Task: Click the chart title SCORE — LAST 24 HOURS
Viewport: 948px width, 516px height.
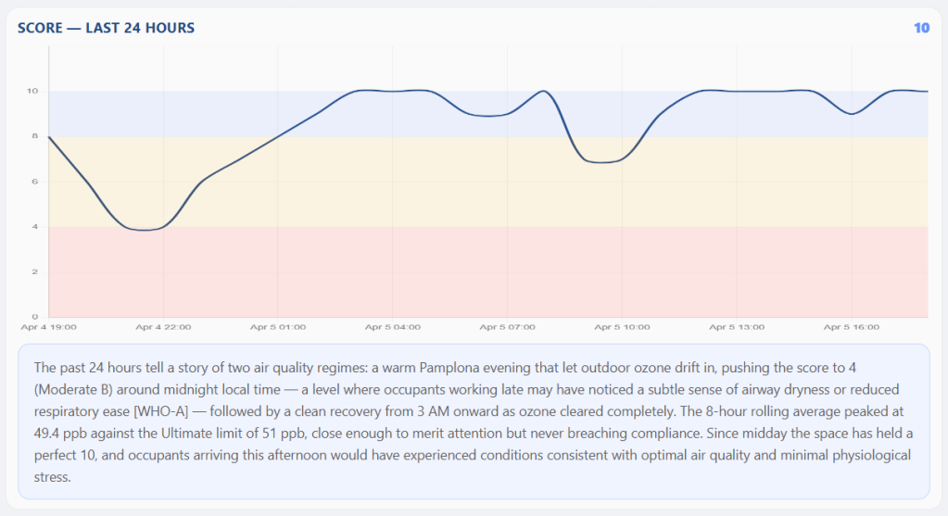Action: [106, 28]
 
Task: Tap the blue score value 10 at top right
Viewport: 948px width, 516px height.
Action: [921, 28]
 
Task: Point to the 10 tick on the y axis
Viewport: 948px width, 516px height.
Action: [32, 91]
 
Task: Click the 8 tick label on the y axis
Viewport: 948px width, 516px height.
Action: [34, 136]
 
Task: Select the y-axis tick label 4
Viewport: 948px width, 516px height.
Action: [34, 227]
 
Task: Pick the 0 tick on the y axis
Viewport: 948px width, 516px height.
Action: [34, 317]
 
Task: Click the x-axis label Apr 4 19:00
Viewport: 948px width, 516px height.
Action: [48, 327]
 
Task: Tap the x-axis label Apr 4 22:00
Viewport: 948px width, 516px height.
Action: [163, 327]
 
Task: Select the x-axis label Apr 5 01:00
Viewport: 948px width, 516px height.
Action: [278, 327]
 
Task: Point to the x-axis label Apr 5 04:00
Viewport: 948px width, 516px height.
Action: [392, 327]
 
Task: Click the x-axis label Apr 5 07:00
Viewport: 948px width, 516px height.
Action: [507, 327]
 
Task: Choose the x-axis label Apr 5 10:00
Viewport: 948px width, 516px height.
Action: [622, 327]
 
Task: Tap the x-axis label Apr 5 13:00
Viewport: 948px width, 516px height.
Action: [737, 327]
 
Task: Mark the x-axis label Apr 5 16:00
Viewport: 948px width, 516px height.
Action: [852, 327]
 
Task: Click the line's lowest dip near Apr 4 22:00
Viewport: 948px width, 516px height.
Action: [144, 230]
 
